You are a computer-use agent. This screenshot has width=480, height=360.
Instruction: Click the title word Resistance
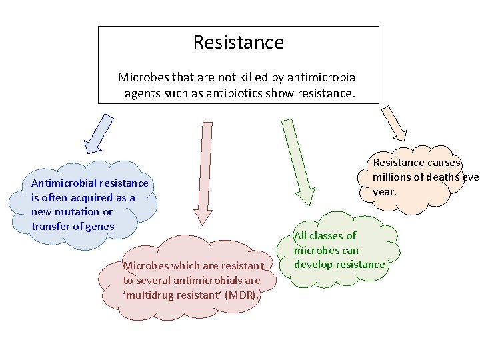click(238, 43)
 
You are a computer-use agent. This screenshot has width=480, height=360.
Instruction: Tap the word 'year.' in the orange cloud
click(385, 191)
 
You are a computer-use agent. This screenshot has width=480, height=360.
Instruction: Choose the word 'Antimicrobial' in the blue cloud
click(65, 183)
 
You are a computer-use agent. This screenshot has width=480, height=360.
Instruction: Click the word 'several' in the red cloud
click(154, 281)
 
